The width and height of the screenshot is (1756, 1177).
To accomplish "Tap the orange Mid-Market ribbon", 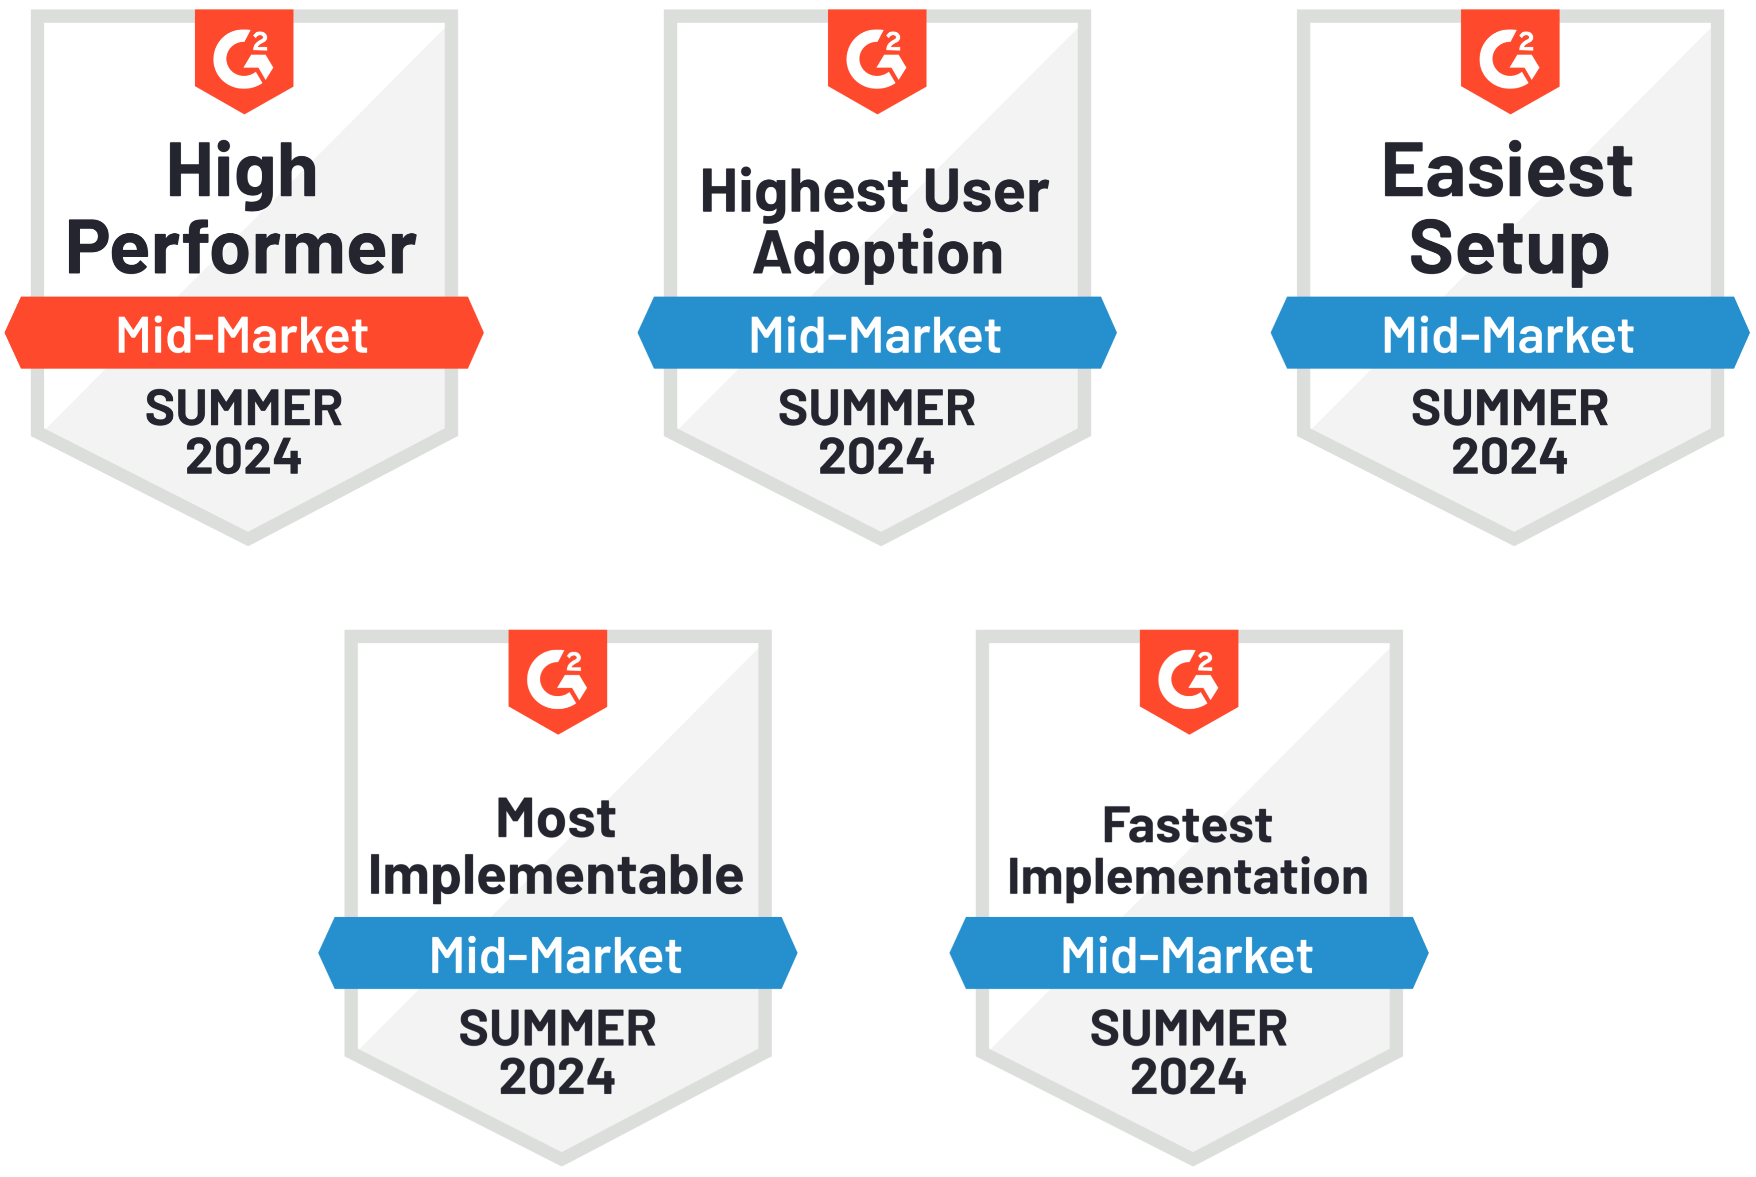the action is tap(244, 332).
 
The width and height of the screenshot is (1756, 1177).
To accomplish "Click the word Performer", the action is tap(241, 249).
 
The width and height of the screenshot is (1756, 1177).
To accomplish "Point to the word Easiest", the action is tap(1508, 171).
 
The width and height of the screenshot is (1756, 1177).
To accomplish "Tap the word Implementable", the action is tap(556, 877).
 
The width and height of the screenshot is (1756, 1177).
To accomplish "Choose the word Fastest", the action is tap(1187, 826).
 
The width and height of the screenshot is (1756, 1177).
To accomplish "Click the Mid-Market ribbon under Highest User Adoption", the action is tap(877, 332).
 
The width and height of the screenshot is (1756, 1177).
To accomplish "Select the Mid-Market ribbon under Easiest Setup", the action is tap(1510, 332).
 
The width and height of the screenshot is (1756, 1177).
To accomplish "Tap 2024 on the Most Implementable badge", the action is tap(557, 1077).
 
